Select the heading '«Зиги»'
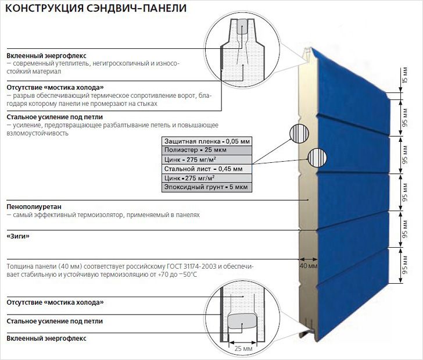18,237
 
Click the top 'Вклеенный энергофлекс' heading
44,54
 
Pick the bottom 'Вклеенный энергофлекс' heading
44,338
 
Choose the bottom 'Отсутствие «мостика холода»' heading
55,302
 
